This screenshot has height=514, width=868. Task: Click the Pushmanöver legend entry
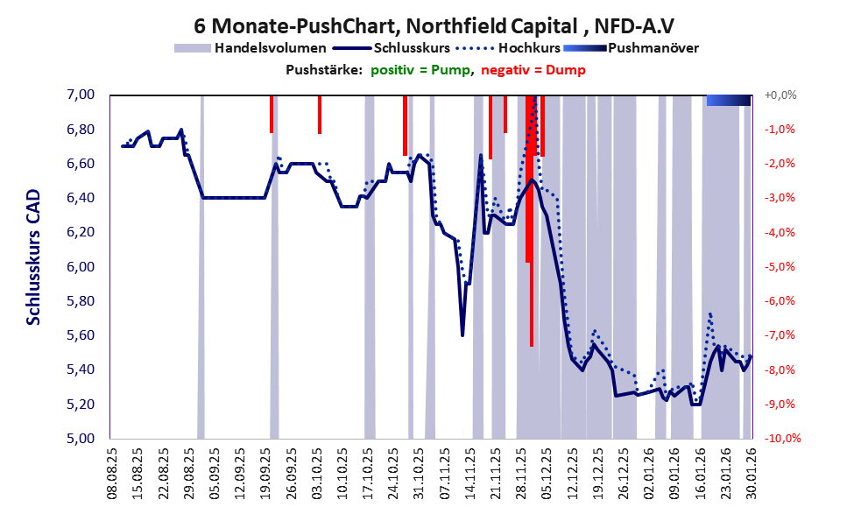point(652,48)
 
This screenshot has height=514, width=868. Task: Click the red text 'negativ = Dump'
point(533,70)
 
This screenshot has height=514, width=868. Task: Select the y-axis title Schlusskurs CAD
point(33,266)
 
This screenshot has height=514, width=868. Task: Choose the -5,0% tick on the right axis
point(780,267)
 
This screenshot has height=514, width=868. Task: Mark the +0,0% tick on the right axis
point(780,95)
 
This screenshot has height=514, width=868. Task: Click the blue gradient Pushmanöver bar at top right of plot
point(729,101)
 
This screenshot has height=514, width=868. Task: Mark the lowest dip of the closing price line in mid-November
point(462,334)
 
